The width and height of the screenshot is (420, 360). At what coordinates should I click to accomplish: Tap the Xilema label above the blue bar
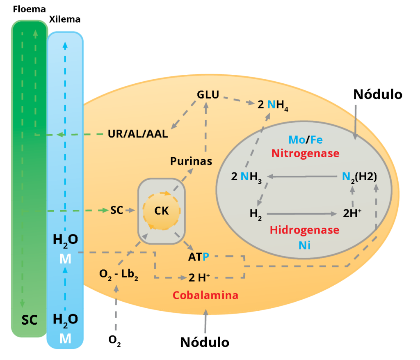pos(65,19)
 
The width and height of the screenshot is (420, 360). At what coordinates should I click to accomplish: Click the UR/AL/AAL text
pos(138,134)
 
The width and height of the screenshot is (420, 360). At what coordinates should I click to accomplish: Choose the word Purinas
pos(191,161)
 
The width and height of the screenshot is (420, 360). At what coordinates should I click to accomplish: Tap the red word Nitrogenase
pos(306,154)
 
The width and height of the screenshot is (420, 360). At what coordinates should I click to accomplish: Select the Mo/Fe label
pos(306,140)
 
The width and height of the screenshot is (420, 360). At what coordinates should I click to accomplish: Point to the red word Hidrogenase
pos(305,230)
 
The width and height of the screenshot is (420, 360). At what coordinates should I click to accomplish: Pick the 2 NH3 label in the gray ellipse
pos(247,177)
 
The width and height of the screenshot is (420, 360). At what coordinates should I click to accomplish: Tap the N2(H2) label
pos(359,177)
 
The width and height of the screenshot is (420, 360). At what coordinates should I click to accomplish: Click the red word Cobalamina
pos(205,295)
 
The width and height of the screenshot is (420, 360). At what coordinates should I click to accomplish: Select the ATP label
pos(199,257)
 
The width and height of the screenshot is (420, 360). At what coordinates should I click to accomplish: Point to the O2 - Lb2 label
pos(119,275)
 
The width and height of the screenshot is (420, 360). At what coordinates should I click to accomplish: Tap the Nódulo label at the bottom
pos(205,342)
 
